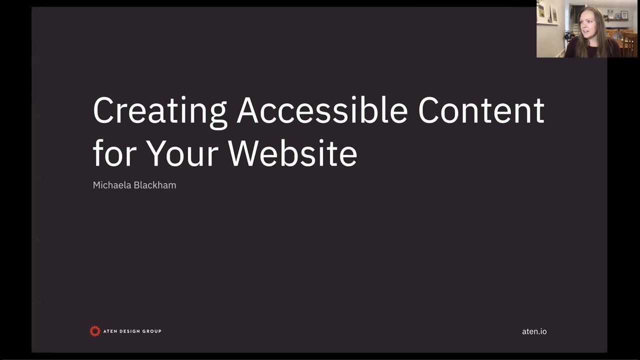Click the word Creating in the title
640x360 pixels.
160,111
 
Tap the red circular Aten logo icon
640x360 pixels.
95,331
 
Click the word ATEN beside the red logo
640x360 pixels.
110,331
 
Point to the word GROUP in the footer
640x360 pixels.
152,331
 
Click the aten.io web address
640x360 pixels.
534,331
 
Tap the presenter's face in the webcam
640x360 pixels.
588,24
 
